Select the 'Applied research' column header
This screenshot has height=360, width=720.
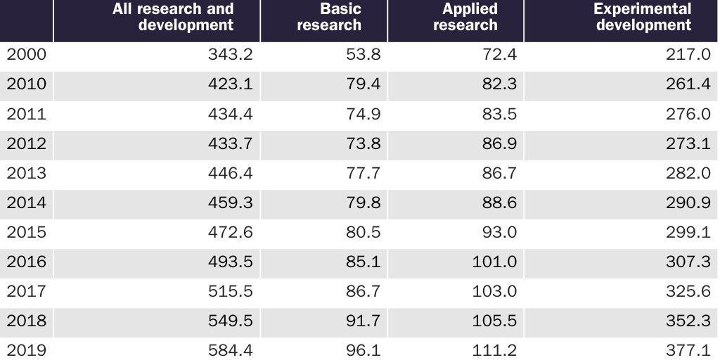point(465,18)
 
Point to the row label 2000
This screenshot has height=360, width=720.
point(26,55)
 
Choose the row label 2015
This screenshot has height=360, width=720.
point(26,232)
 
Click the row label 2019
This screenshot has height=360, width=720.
point(26,350)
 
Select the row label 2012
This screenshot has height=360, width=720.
point(26,143)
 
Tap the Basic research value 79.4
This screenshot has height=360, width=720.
point(363,84)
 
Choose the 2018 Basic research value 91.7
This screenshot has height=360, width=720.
point(363,321)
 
